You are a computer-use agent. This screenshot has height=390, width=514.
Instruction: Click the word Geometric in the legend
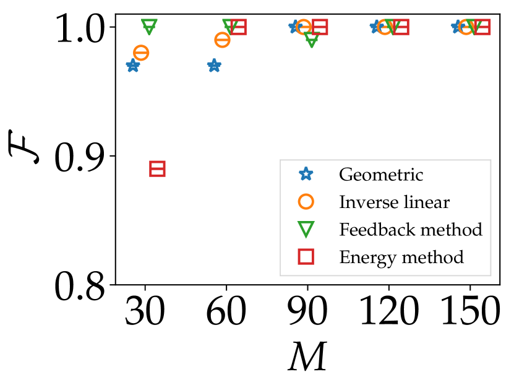click(381, 175)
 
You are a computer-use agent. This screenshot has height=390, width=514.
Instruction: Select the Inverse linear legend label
click(394, 202)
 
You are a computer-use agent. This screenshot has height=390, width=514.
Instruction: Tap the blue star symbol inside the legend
click(306, 175)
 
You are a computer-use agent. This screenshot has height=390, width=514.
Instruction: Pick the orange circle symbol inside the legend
click(306, 202)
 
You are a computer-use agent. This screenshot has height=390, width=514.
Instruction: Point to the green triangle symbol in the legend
click(306, 230)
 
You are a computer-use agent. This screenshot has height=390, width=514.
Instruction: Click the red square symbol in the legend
click(306, 257)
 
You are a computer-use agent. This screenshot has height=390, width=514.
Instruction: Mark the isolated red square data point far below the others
click(158, 168)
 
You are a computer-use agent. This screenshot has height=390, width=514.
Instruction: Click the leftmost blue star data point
click(133, 66)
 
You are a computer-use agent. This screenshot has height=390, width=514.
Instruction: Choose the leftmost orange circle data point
click(141, 53)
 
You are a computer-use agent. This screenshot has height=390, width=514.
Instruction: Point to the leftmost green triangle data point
click(149, 27)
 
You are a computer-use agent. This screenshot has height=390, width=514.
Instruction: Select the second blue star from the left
click(214, 66)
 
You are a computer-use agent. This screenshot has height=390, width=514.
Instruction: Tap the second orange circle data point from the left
click(222, 40)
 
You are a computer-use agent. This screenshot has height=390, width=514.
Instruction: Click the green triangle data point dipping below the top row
click(312, 40)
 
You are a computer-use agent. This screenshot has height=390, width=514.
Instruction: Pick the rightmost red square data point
click(482, 27)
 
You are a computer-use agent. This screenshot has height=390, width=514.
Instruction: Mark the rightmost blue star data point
click(458, 27)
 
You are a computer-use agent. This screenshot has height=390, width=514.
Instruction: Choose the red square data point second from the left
click(239, 27)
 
